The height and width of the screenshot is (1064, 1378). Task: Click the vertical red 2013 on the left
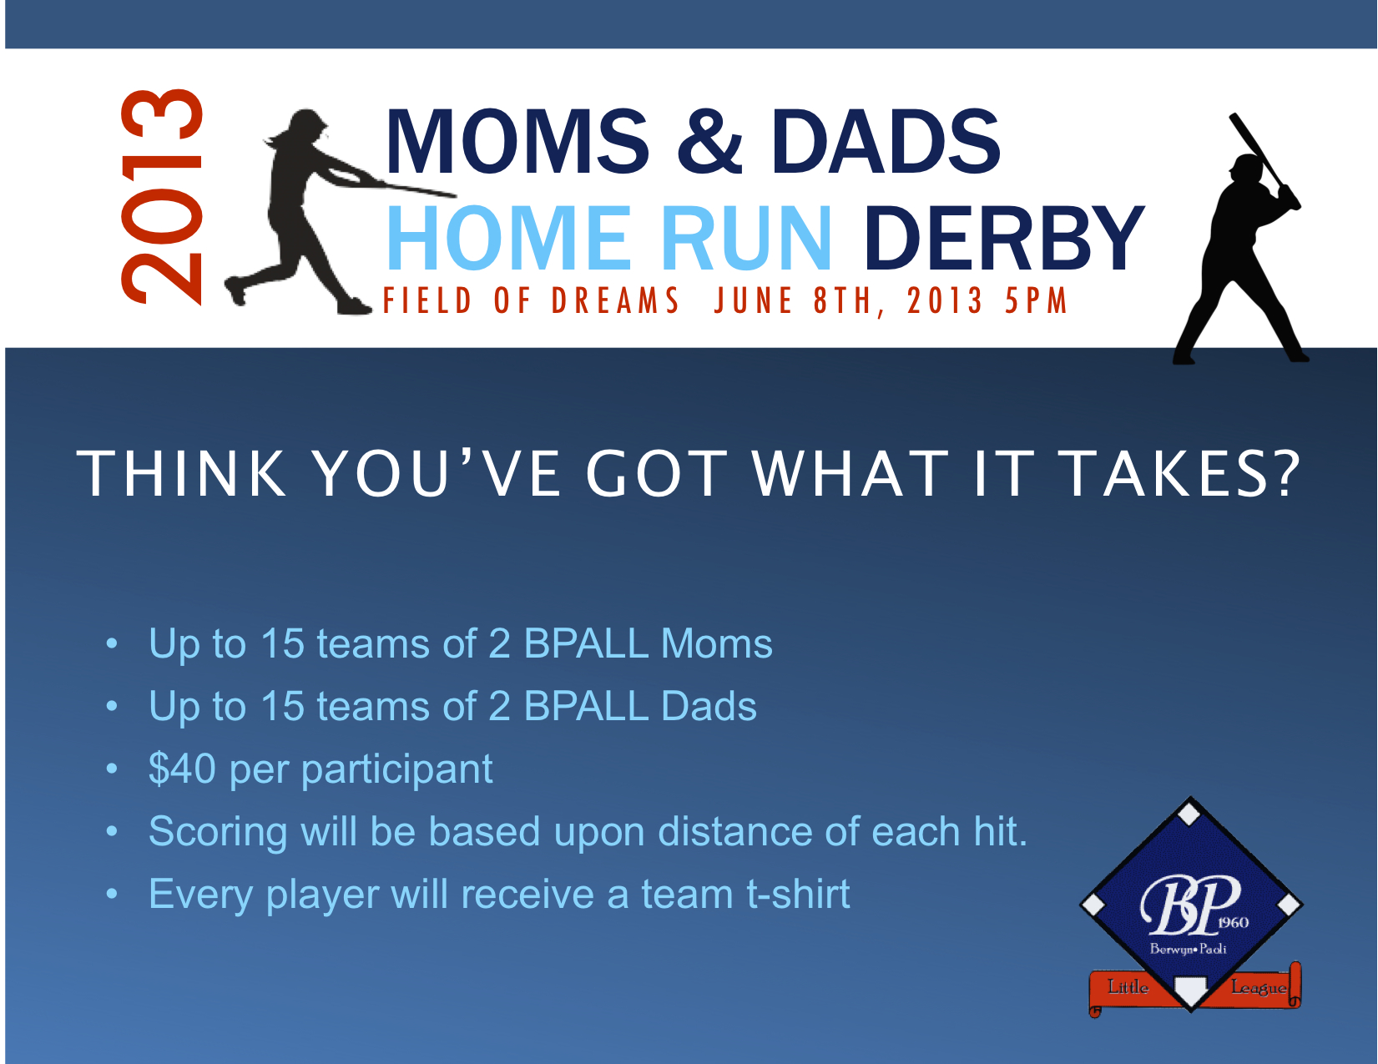[x=161, y=197]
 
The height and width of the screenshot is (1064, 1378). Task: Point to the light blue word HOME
[x=508, y=238]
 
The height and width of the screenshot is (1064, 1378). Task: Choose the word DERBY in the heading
[x=1004, y=238]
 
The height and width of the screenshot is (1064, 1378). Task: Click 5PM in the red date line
[x=1036, y=300]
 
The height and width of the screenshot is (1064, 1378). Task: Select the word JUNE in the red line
[x=754, y=300]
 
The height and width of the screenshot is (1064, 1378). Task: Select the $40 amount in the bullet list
[x=182, y=769]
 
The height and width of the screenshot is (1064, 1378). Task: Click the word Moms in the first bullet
[x=717, y=643]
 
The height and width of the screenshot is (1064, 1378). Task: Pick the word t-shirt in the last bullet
[x=798, y=894]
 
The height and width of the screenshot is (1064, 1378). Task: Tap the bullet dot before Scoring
[x=112, y=831]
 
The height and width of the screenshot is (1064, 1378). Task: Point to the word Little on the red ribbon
[x=1128, y=986]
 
